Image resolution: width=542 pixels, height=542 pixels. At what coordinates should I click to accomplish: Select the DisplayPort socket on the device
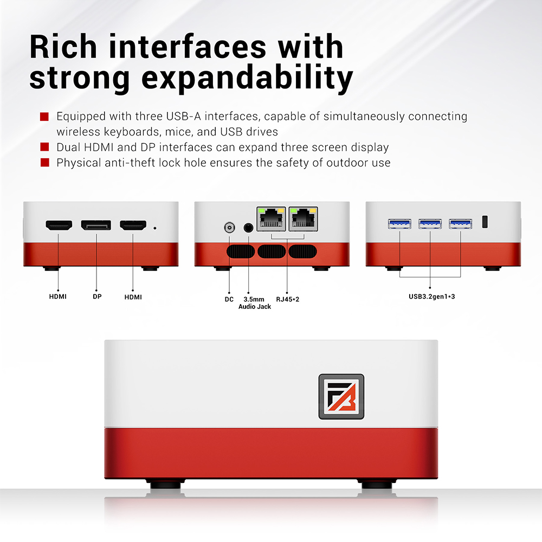[96, 224]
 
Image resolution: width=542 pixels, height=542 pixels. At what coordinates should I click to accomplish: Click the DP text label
[97, 297]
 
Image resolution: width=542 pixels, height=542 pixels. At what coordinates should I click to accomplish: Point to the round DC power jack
[229, 228]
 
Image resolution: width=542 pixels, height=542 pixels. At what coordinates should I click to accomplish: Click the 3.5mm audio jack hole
[249, 228]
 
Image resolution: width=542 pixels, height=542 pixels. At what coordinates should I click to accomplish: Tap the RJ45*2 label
[287, 299]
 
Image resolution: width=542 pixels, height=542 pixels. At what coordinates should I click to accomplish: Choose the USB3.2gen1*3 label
[431, 297]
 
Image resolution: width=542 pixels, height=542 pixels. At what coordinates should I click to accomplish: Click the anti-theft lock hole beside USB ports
[485, 222]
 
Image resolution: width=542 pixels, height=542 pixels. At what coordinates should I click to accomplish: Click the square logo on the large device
[341, 396]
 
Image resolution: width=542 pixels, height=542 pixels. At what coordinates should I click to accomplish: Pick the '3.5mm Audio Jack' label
[254, 303]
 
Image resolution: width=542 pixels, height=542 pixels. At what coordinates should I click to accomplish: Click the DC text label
[229, 299]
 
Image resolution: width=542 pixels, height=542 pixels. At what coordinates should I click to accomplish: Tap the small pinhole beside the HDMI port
[156, 228]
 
